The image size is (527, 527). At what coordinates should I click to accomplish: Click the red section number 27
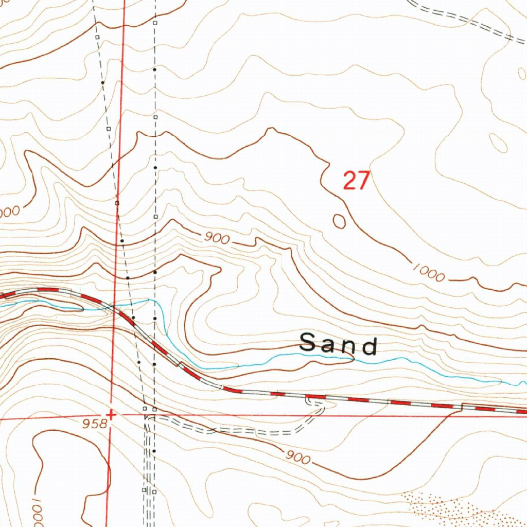(x=356, y=181)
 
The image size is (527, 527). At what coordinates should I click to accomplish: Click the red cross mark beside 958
(x=110, y=414)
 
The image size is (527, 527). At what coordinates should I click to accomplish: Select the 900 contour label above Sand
(x=216, y=238)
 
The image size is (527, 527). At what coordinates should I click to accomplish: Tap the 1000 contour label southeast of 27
(x=428, y=273)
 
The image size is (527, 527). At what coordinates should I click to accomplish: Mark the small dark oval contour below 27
(x=339, y=221)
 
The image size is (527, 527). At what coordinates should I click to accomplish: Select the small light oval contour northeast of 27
(x=498, y=143)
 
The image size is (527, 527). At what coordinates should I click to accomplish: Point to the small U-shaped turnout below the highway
(x=315, y=403)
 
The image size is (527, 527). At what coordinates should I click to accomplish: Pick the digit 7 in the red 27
(x=363, y=181)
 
